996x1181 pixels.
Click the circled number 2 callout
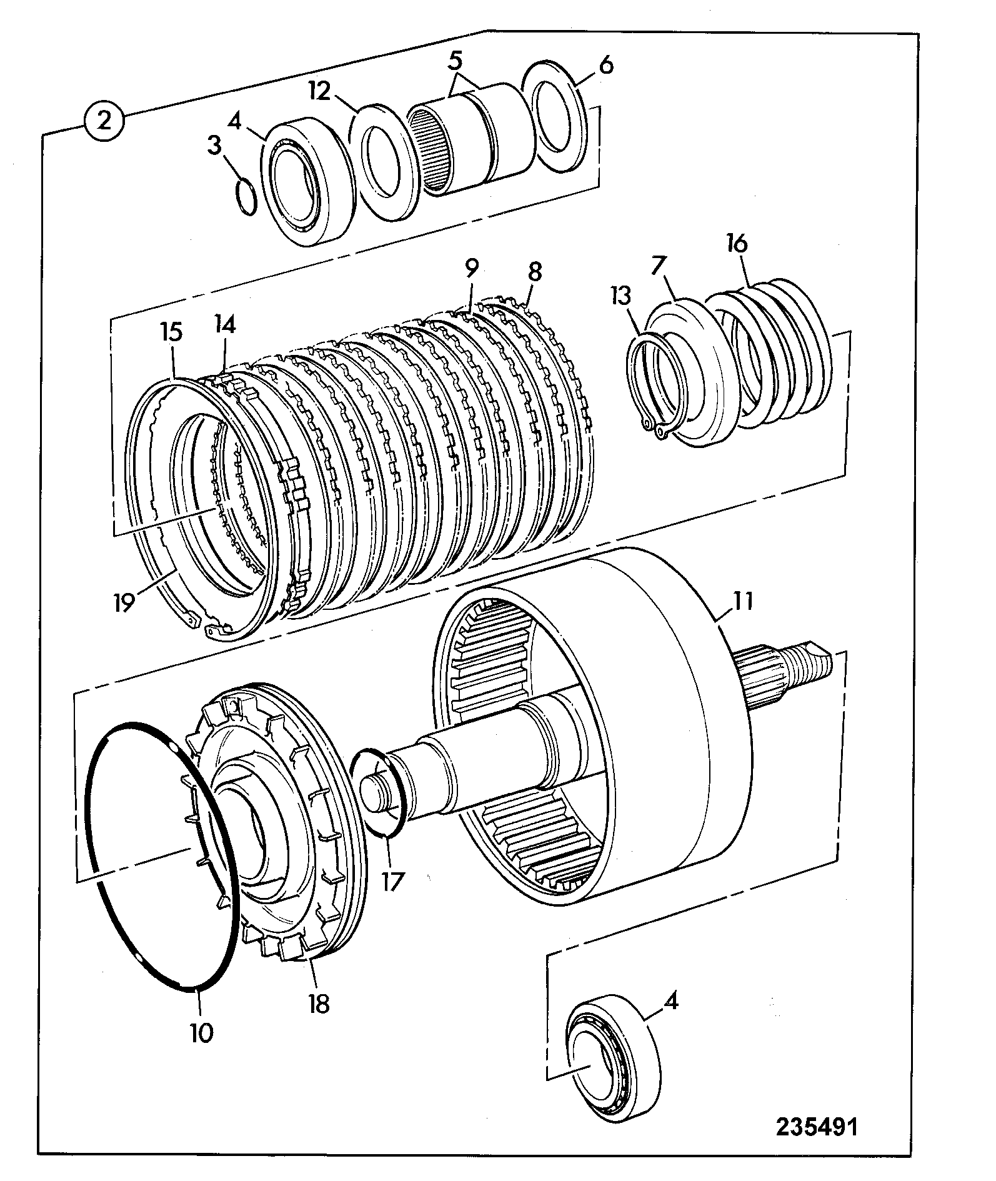[x=104, y=120]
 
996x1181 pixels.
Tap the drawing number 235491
[x=817, y=1126]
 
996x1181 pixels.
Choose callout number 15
[x=171, y=332]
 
